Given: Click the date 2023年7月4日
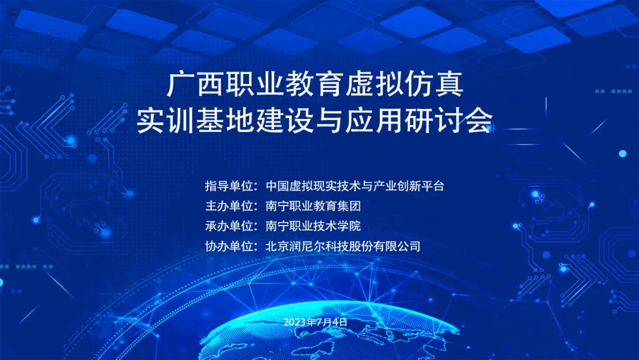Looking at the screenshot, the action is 315,322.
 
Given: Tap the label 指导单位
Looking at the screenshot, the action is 228,187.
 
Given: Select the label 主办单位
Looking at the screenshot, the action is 228,206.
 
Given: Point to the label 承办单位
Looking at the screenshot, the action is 228,226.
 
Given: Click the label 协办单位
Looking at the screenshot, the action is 228,246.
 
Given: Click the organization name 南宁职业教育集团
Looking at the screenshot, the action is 313,206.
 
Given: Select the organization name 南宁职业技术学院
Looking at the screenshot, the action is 313,226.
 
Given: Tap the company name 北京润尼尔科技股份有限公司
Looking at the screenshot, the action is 343,246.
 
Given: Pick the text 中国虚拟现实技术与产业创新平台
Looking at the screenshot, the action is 354,187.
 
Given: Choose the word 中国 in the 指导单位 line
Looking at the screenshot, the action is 277,187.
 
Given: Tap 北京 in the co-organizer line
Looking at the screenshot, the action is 277,246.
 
